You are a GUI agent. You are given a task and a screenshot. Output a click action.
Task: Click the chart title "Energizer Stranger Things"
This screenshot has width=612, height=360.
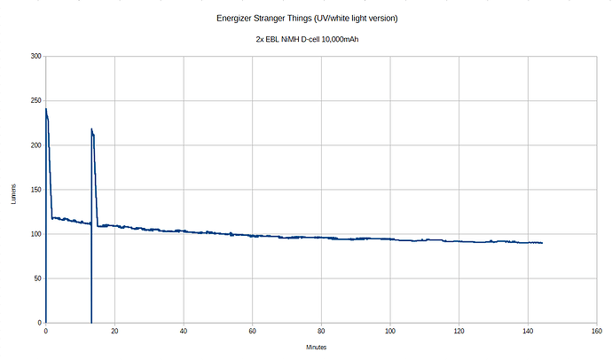[306, 18]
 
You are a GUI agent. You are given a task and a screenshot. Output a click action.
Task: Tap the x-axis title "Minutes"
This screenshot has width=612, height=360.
[317, 347]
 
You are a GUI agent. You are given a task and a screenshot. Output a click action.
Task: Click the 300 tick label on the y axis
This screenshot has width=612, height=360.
[35, 57]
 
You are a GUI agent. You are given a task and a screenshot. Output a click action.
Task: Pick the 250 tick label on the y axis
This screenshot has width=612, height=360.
[35, 101]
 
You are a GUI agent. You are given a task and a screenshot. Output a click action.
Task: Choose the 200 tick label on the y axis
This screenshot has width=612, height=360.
[35, 145]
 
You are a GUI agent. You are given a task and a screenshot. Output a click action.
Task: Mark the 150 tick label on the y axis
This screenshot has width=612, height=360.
[35, 190]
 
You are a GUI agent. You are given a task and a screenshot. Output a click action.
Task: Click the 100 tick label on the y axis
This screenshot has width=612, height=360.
[35, 234]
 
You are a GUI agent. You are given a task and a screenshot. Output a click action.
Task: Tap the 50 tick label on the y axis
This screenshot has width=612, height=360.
[37, 278]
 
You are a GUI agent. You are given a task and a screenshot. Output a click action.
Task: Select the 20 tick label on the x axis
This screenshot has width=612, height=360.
[114, 331]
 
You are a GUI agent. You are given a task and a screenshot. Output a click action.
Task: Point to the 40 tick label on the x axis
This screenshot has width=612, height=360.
[184, 331]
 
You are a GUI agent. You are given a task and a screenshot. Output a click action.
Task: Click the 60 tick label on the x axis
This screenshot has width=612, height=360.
[253, 331]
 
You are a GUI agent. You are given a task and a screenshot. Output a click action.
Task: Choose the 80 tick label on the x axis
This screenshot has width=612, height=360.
[321, 331]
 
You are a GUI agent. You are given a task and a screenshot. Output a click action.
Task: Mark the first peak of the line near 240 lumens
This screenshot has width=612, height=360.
[46, 110]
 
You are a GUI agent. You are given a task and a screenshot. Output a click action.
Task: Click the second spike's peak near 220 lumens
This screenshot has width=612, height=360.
[91, 129]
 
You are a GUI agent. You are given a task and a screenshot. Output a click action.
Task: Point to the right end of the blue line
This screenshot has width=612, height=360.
[542, 243]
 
